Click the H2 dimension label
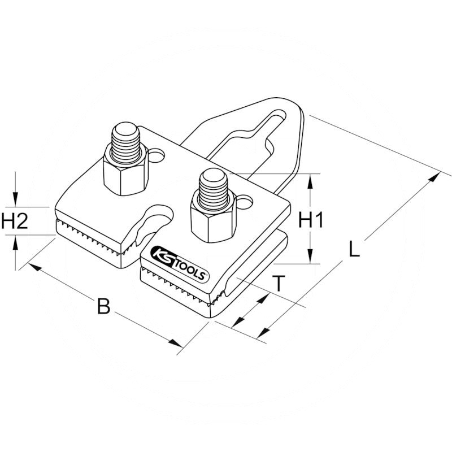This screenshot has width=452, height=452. coord(15,220)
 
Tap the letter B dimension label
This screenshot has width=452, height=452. coord(104,306)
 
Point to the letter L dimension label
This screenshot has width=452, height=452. coord(354,249)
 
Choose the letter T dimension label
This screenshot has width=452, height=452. coord(279,284)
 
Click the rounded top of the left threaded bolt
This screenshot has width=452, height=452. coord(125,128)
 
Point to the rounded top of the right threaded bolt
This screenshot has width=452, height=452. coord(214,176)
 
